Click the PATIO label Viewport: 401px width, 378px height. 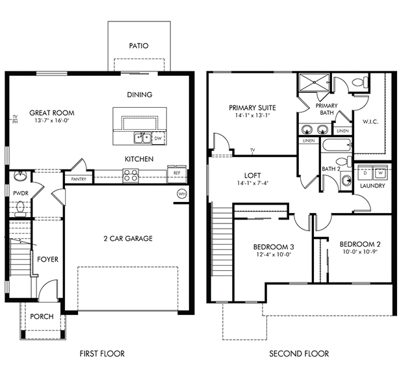pos(138,45)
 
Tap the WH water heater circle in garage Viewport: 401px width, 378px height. pos(182,194)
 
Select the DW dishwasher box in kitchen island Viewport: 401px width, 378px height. pos(159,138)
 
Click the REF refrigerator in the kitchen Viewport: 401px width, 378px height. pos(177,174)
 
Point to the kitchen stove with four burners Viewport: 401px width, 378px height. pos(131,175)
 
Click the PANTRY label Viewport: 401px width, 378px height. pos(79,179)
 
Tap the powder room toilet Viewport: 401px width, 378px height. pos(19,209)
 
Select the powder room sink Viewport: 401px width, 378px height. pos(19,176)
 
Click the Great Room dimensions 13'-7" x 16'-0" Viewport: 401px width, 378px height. pos(52,120)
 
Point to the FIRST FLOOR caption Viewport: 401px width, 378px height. pos(102,354)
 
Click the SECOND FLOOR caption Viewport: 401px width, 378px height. pos(299,354)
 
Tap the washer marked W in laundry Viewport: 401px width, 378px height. pos(381,173)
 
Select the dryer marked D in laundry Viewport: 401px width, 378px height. pos(365,173)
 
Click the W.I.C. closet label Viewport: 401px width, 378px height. pos(370,122)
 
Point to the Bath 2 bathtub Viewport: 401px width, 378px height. pos(337,145)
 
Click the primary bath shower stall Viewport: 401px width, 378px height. pos(315,82)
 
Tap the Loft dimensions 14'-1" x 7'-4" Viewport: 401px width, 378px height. pos(252,183)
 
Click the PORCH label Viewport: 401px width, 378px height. pos(42,316)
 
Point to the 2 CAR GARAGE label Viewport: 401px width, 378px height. pos(128,239)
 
